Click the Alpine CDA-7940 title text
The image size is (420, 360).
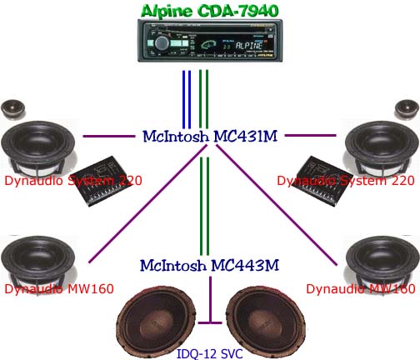coord(210,11)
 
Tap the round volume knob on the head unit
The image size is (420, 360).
coord(162,42)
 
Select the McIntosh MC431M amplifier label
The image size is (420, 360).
coord(210,136)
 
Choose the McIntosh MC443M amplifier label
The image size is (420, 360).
coord(209,265)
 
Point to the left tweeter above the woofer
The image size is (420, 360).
coord(13,109)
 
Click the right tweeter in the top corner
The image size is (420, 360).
coord(407,109)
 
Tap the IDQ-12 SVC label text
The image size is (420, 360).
coord(210,354)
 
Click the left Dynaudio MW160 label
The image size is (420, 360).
coord(59,289)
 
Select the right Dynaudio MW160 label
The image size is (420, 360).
coord(361,289)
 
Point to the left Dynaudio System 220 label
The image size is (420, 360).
coord(73,181)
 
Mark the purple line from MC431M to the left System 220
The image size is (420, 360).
coord(109,136)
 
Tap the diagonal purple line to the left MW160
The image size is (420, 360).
coord(148,203)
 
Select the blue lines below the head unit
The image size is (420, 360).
coord(187,99)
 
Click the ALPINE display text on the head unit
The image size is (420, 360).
coord(249,45)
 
